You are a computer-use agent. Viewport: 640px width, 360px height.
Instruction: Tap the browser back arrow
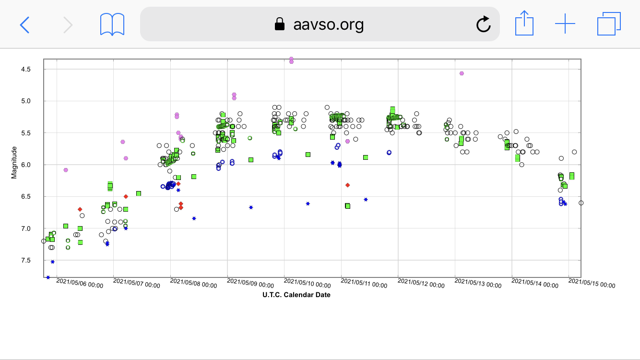pos(24,24)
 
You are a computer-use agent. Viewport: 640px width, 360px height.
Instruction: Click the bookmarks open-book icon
pos(112,24)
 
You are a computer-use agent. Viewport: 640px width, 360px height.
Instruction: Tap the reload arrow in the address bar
pos(483,24)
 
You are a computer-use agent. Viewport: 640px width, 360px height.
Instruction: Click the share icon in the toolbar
pos(524,24)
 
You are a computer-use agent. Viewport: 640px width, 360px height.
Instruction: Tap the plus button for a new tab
pos(565,24)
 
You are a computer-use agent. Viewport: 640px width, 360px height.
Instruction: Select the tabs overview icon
pos(609,24)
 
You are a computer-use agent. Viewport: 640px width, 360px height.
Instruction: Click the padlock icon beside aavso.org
pos(280,24)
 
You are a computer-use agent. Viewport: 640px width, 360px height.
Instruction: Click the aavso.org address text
pos(328,24)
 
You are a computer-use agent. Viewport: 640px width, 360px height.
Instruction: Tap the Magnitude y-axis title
pos(14,163)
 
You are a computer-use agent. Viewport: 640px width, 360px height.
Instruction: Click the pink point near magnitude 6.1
pos(66,170)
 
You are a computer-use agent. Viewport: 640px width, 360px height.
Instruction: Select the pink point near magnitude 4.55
pos(462,73)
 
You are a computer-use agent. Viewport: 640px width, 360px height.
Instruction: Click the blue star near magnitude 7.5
pos(52,262)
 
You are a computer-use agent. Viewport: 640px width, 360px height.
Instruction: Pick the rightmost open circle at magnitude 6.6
pos(581,203)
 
